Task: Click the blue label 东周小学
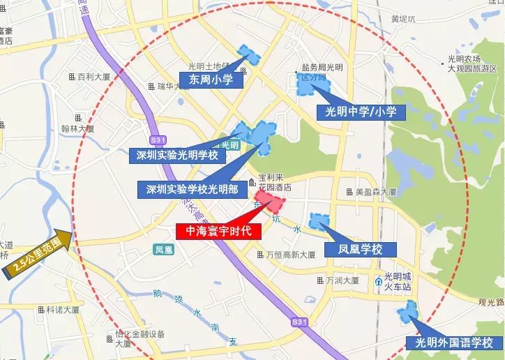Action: (x=211, y=80)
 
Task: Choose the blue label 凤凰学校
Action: (x=361, y=249)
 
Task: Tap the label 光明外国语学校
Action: (x=454, y=343)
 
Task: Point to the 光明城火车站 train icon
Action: (x=378, y=281)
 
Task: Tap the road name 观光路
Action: (x=491, y=301)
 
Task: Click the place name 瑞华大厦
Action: (x=174, y=87)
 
